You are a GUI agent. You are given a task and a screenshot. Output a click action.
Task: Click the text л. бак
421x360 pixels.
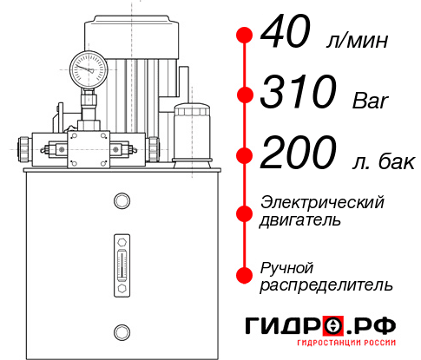coord(381,160)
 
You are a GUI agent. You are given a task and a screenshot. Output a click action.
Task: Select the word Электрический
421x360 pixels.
coord(322,202)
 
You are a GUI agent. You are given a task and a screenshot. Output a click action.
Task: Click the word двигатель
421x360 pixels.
coord(300,220)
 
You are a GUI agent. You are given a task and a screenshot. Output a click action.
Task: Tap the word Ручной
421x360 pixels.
coord(286,266)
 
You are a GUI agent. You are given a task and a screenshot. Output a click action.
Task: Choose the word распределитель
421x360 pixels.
coord(326,285)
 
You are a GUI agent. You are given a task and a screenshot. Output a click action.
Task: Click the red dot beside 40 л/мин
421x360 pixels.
coord(245,36)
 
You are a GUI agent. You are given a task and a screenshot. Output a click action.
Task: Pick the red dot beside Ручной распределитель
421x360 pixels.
coord(245,275)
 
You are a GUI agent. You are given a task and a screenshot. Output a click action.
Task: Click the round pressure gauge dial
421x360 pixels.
coord(89,66)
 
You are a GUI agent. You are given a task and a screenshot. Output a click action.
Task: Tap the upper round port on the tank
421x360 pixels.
coord(121,202)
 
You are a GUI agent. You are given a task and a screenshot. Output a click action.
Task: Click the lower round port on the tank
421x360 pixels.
coord(121,331)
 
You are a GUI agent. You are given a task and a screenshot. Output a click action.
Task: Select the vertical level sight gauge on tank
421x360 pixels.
coord(121,260)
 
